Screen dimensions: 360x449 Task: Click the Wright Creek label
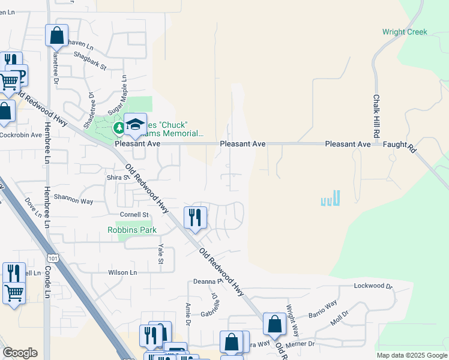[405, 32]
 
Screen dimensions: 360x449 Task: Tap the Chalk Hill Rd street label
[377, 115]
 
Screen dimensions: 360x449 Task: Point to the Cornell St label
[134, 214]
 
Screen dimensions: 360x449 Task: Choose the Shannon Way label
[73, 199]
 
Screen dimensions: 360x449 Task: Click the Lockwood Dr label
[373, 286]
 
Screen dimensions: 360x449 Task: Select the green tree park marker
[119, 127]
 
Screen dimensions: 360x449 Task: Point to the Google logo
[20, 353]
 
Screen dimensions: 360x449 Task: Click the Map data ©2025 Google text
[412, 355]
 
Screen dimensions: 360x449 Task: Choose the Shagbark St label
[89, 60]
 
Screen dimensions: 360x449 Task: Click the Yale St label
[160, 253]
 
